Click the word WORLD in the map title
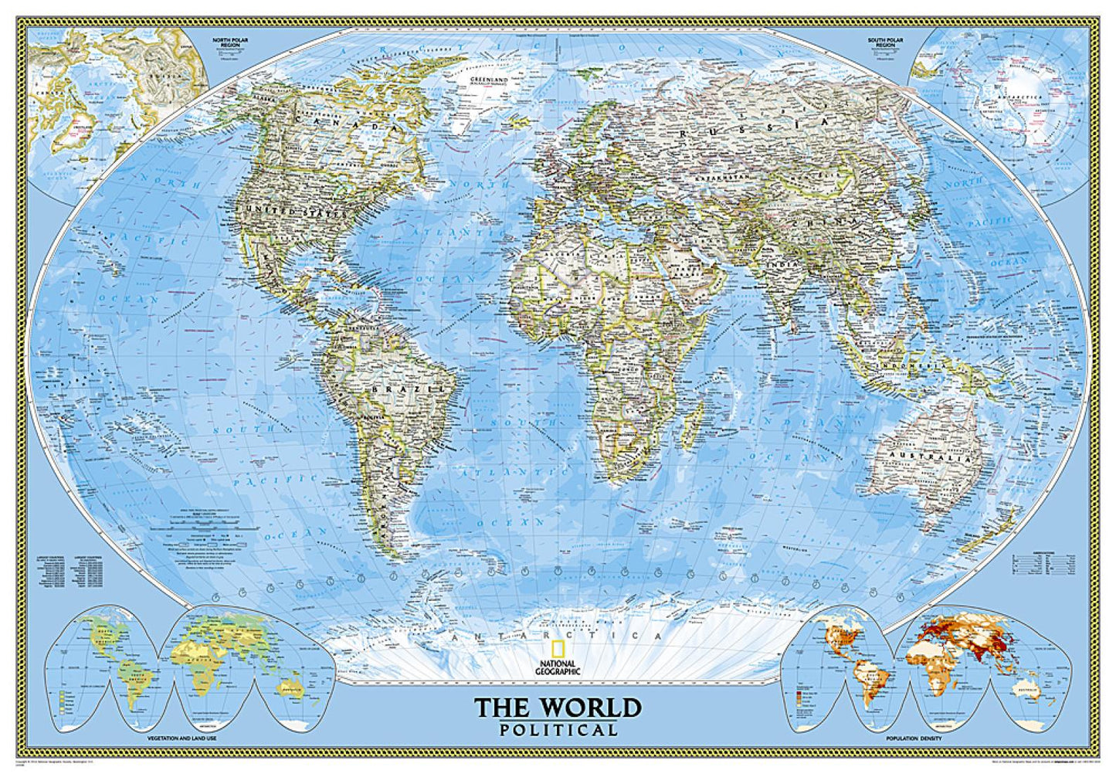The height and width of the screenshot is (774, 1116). (x=590, y=707)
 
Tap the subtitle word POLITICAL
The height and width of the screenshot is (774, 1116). (x=558, y=729)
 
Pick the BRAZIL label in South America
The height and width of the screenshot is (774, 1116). (x=397, y=390)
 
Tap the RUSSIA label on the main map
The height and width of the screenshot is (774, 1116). (x=752, y=128)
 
